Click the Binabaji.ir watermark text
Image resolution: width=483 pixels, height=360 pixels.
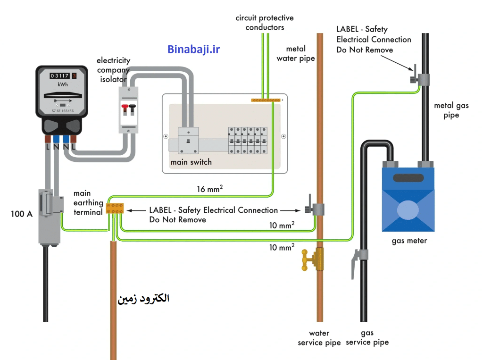tap(193, 50)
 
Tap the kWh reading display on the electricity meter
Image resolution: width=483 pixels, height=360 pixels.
tap(63, 76)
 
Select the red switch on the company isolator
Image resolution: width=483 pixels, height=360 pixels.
tap(125, 108)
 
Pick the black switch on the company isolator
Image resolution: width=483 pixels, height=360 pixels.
tap(132, 108)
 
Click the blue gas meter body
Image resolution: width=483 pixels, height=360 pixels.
tap(408, 199)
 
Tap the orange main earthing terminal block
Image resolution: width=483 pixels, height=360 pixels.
tap(115, 209)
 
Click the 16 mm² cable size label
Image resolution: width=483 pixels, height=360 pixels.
tap(210, 189)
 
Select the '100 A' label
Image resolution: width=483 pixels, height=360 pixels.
tap(22, 214)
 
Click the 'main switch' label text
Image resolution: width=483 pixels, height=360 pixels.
tap(191, 162)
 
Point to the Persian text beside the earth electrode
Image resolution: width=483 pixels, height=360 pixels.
tap(143, 299)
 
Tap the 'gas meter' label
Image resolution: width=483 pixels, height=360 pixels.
tap(409, 241)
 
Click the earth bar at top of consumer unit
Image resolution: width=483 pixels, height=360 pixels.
tap(266, 100)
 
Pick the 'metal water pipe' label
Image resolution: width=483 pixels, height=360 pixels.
tap(296, 54)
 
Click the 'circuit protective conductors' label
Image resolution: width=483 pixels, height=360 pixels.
tap(265, 23)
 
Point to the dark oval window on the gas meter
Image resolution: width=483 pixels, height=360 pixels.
tap(408, 177)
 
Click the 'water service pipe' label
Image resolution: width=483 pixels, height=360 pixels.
tap(319, 338)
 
